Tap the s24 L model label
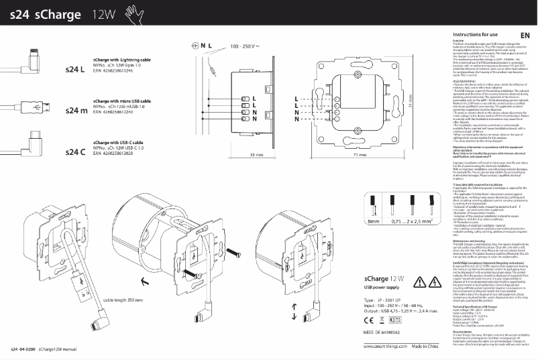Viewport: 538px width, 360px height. click(75, 69)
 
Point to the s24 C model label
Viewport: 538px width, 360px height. click(75, 152)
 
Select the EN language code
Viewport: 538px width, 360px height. click(525, 35)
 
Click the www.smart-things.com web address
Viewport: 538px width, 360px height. click(385, 347)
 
